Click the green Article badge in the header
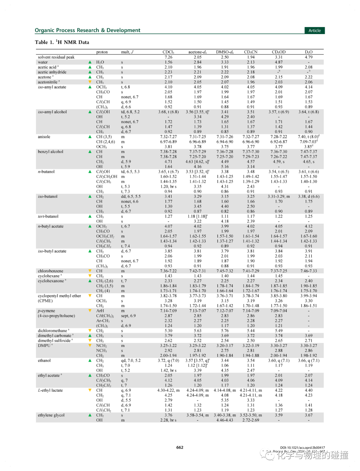314,30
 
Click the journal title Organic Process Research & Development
87,30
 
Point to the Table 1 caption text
62,42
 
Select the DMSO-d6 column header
225,52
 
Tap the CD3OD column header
279,52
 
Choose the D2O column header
309,52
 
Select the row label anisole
44,137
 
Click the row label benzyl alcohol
50,152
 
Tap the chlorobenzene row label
50,271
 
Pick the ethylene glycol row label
51,415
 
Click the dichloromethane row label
52,331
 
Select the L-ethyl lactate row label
50,390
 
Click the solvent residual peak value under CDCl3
168,57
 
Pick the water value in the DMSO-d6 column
225,62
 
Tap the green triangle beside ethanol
90,361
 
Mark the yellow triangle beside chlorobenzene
90,271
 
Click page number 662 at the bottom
180,447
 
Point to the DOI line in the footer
302,448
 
